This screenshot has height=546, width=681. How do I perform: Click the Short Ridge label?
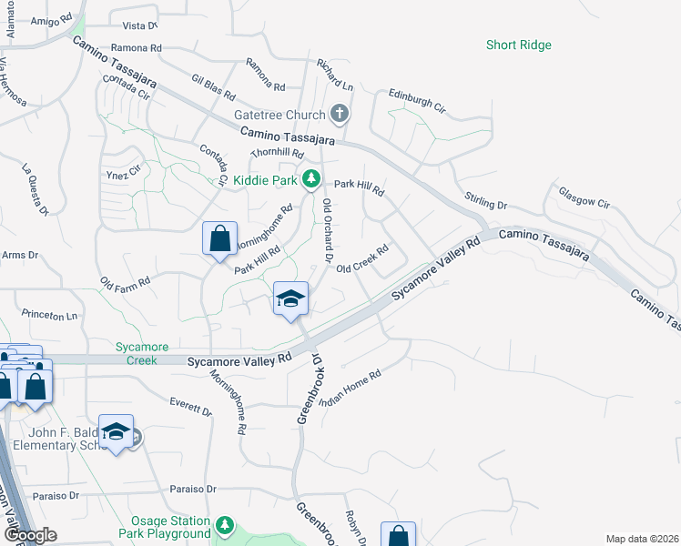tap(518, 45)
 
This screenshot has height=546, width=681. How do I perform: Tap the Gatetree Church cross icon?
tap(340, 115)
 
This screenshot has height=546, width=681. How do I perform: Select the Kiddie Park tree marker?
tap(311, 179)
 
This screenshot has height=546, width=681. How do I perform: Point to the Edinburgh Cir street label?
tap(417, 100)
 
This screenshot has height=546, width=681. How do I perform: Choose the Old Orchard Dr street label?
tap(328, 232)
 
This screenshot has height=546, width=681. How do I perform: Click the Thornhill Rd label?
tap(276, 156)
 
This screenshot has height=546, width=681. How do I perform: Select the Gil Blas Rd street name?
tap(214, 87)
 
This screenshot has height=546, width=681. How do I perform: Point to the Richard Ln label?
tap(334, 75)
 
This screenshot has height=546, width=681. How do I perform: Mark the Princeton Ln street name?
tap(49, 315)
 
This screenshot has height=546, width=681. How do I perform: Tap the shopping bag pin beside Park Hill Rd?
tap(219, 239)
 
